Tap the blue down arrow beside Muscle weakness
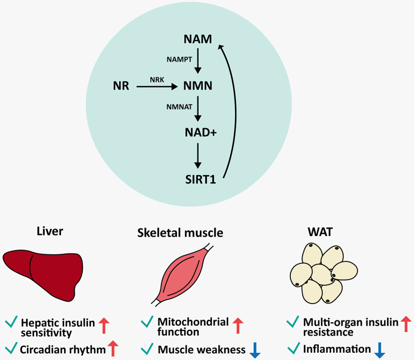point(255,349)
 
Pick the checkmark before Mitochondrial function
point(146,323)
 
